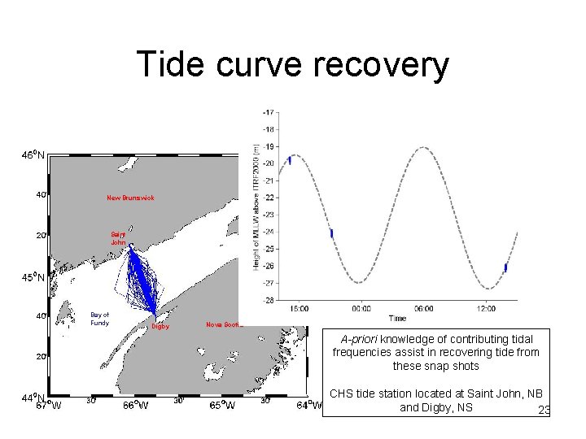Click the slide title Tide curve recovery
tap(292, 64)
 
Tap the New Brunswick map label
tap(130, 198)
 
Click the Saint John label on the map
tap(118, 238)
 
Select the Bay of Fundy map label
tap(99, 319)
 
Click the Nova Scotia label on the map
tap(224, 324)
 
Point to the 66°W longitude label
tap(135, 405)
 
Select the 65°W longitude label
tap(221, 405)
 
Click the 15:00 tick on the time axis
tap(298, 308)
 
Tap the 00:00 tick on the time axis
tap(361, 308)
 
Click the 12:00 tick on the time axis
tap(485, 308)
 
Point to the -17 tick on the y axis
tap(267, 111)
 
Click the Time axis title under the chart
tap(396, 318)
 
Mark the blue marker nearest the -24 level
tap(331, 233)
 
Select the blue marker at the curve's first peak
tap(290, 160)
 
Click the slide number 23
tap(544, 411)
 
